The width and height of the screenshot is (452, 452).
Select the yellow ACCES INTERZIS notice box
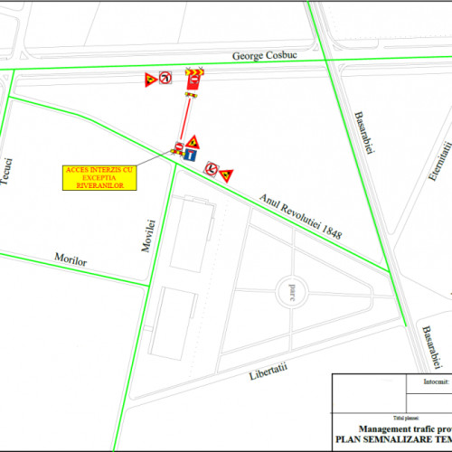[100, 177]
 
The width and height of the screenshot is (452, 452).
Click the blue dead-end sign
[192, 155]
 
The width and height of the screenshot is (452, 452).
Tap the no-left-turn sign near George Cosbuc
[165, 79]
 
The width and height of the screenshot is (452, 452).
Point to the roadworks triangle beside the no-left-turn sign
[149, 80]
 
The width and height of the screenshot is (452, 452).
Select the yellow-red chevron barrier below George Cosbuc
[193, 71]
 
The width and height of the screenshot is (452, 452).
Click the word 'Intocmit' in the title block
[436, 382]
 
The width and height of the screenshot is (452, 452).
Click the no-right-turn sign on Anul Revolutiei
[210, 168]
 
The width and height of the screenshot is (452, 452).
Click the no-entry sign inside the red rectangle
[192, 83]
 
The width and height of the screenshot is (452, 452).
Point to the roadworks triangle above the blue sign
[193, 142]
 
